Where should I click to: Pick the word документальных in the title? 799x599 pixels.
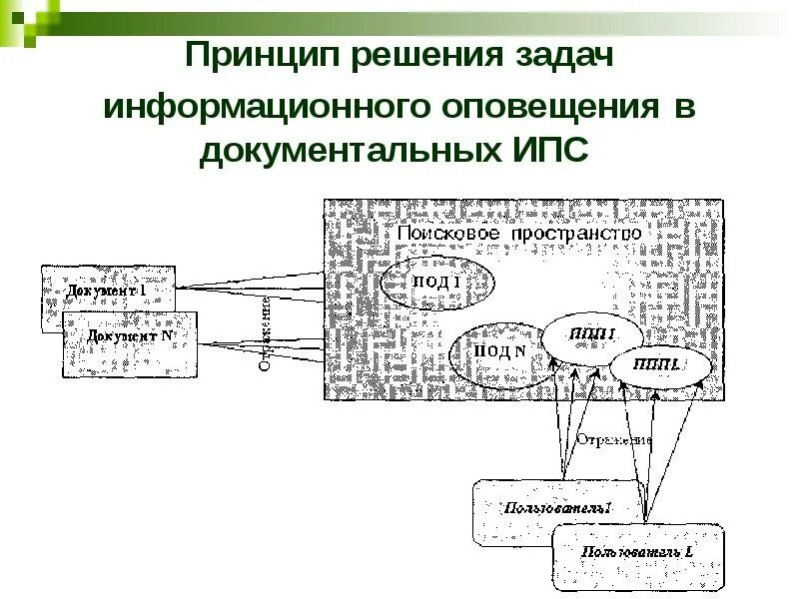coord(344,151)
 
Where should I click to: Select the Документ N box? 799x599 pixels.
coord(130,339)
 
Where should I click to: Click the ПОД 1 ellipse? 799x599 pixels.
coord(437,282)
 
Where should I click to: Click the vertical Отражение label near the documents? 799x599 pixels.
coord(268,332)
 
